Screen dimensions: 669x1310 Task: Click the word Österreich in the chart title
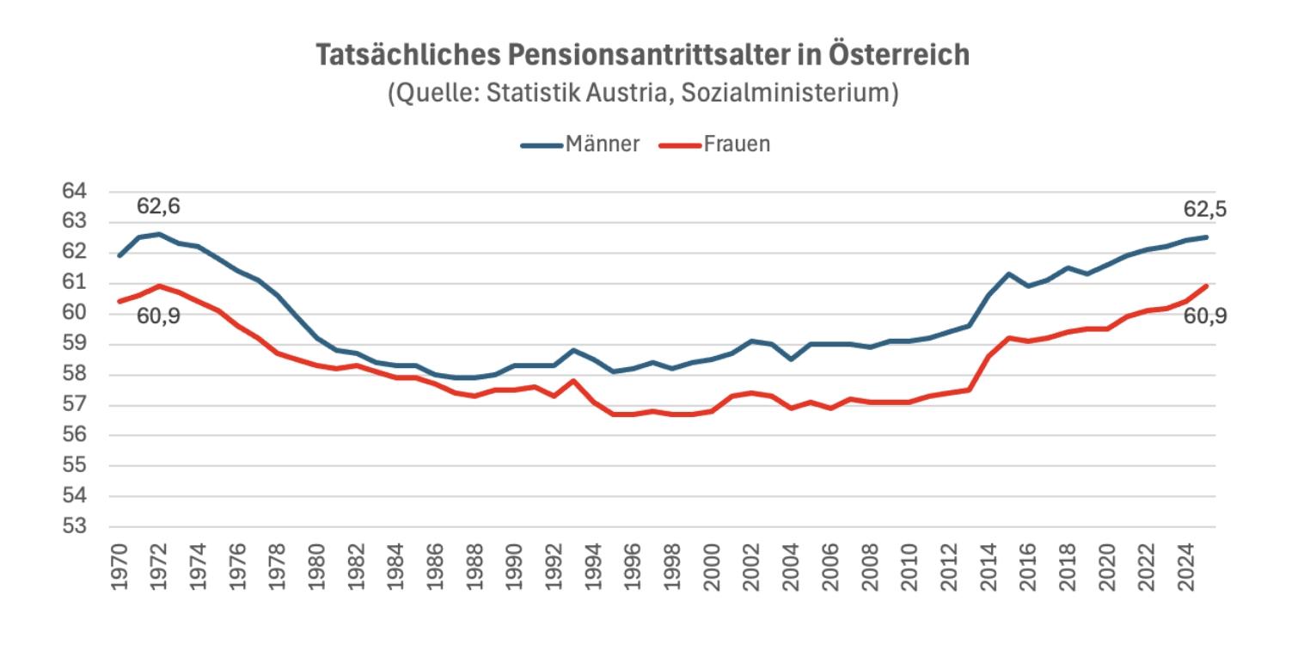pyautogui.click(x=899, y=54)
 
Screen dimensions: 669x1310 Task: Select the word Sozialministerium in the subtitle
pyautogui.click(x=789, y=93)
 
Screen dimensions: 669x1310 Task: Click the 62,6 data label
pyautogui.click(x=158, y=206)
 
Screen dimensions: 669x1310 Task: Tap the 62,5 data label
pyautogui.click(x=1205, y=210)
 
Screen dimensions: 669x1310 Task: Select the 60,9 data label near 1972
pyautogui.click(x=158, y=316)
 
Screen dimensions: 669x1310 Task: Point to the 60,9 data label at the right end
pyautogui.click(x=1205, y=316)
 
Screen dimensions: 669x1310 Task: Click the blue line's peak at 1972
pyautogui.click(x=159, y=234)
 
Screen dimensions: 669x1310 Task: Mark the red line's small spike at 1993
pyautogui.click(x=574, y=380)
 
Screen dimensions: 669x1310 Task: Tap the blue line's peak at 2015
pyautogui.click(x=1009, y=273)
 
